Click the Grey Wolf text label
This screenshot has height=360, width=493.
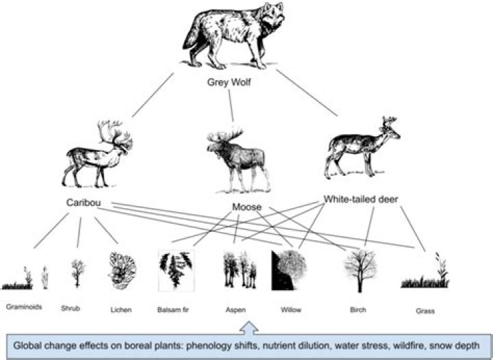pyautogui.click(x=230, y=82)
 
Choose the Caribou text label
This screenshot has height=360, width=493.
pyautogui.click(x=84, y=204)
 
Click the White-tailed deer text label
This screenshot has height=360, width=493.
pyautogui.click(x=361, y=200)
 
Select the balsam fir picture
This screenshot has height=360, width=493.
pyautogui.click(x=175, y=270)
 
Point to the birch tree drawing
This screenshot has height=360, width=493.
pyautogui.click(x=359, y=270)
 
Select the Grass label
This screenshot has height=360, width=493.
pyautogui.click(x=425, y=310)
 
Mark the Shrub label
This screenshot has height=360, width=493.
pyautogui.click(x=71, y=309)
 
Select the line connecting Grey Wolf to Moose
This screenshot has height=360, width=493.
pyautogui.click(x=231, y=107)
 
